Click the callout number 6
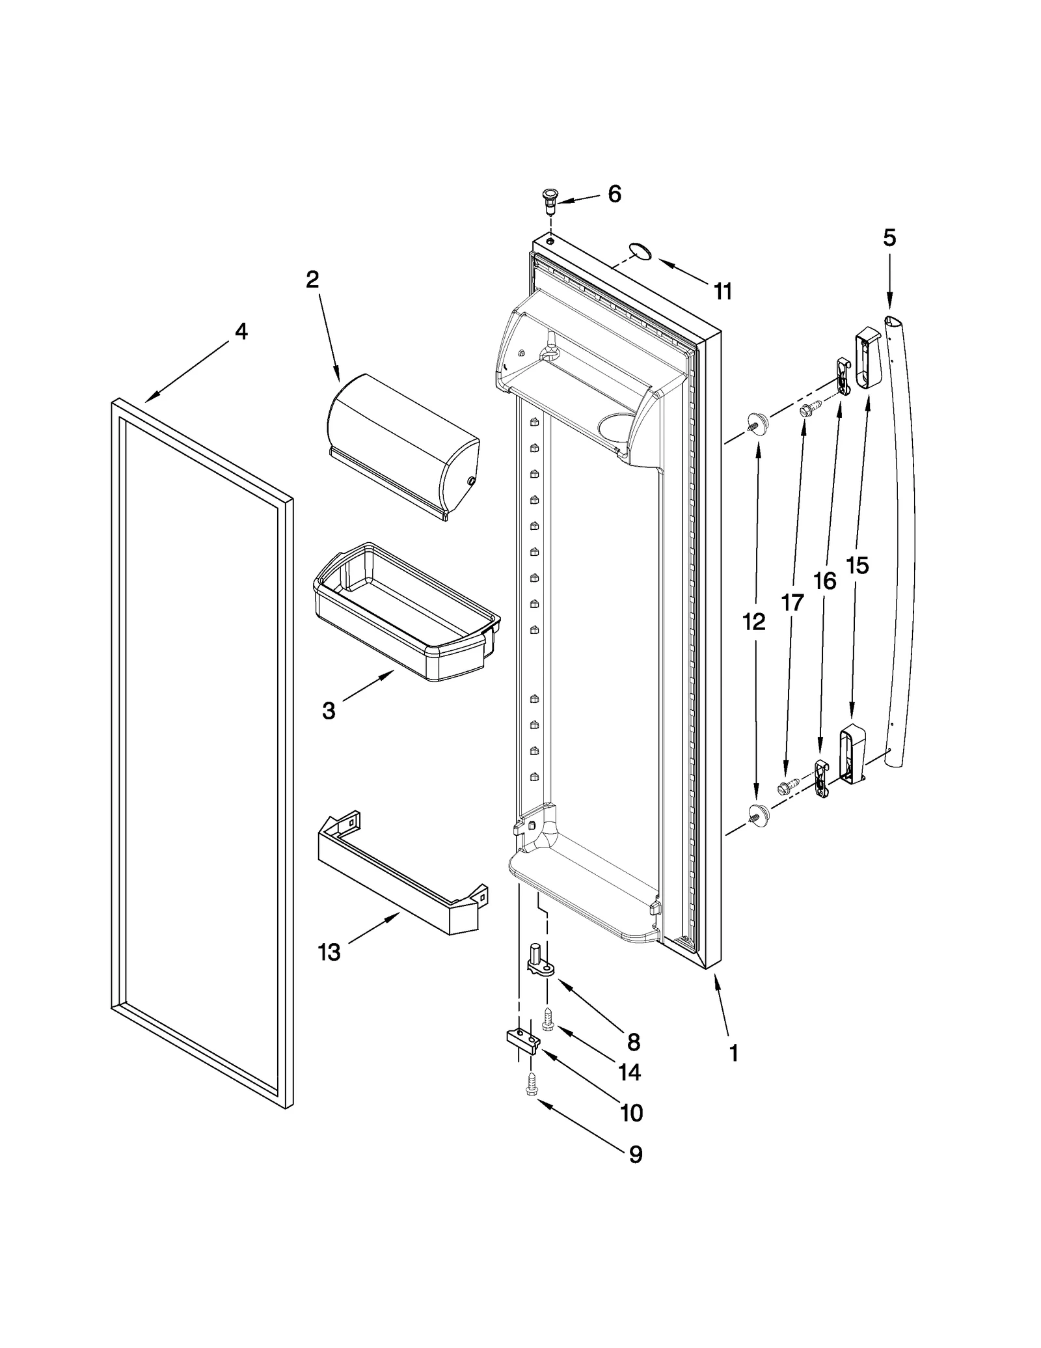pyautogui.click(x=614, y=194)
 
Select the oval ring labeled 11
pyautogui.click(x=640, y=252)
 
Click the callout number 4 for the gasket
pyautogui.click(x=241, y=332)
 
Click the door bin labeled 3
pyautogui.click(x=407, y=612)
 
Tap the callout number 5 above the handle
pyautogui.click(x=889, y=238)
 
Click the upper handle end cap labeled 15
pyautogui.click(x=867, y=359)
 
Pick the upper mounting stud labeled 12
pyautogui.click(x=757, y=423)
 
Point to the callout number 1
pyautogui.click(x=733, y=1053)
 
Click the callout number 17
pyautogui.click(x=792, y=603)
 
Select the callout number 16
pyautogui.click(x=824, y=581)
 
